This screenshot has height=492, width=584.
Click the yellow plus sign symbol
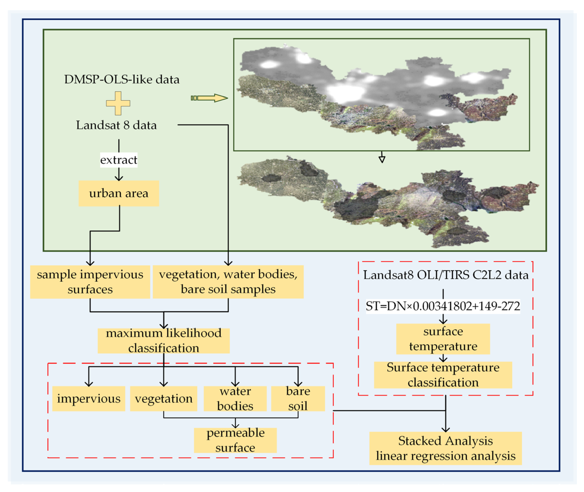click(x=118, y=103)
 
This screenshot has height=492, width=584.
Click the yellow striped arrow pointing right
click(x=209, y=98)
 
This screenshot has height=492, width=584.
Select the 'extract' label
click(x=119, y=160)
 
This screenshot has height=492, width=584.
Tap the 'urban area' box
click(x=119, y=193)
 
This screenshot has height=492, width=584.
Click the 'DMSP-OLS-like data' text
click(x=122, y=79)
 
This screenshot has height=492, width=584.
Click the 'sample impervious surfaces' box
click(x=90, y=282)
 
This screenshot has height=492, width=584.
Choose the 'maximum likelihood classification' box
click(x=164, y=341)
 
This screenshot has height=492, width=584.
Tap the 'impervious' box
click(x=88, y=398)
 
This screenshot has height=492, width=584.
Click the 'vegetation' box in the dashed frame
click(x=164, y=398)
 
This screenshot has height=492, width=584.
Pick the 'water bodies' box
click(x=235, y=398)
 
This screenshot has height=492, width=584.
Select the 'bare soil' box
click(x=298, y=398)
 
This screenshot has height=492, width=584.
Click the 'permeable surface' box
click(x=235, y=440)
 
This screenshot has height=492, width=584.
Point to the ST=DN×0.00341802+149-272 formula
click(x=443, y=306)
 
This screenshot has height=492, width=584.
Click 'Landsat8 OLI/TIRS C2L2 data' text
click(x=446, y=275)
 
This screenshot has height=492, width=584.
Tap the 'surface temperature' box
click(x=443, y=339)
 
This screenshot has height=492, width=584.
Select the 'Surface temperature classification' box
click(x=443, y=375)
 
